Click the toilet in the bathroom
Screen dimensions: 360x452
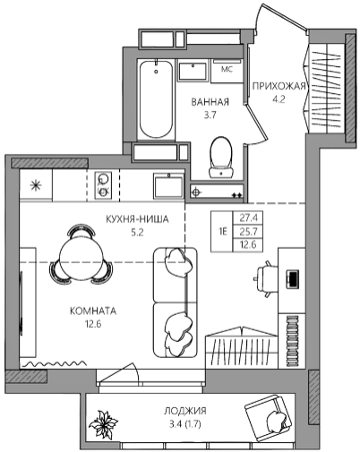click(x=221, y=158)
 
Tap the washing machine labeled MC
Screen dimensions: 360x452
click(x=227, y=71)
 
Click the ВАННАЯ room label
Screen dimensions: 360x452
click(x=210, y=102)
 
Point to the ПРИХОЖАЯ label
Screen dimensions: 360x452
click(x=279, y=86)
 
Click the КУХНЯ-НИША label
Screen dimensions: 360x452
click(x=137, y=219)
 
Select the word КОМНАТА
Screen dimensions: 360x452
click(x=93, y=311)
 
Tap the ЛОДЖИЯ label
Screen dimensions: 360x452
click(x=185, y=411)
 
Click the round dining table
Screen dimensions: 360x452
click(x=81, y=257)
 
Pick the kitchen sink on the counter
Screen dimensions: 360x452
click(x=168, y=186)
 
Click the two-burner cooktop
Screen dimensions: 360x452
click(x=103, y=185)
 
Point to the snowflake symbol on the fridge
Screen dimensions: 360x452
click(x=36, y=186)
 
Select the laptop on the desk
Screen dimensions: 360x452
click(x=293, y=279)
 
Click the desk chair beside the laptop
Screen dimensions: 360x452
click(x=263, y=279)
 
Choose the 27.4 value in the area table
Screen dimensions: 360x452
click(x=249, y=218)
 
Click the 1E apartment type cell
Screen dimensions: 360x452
click(x=222, y=232)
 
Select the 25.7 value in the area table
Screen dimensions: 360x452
click(x=248, y=232)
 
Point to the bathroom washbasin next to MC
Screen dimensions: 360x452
click(x=193, y=71)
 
